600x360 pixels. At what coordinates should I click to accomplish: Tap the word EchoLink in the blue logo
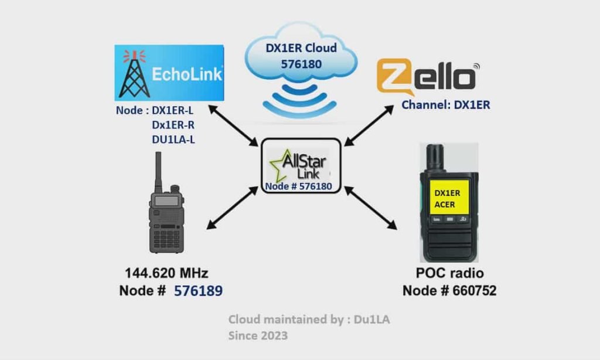[x=187, y=74]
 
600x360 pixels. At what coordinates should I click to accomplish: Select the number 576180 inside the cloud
[x=299, y=63]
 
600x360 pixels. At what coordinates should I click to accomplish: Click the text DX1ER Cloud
[x=301, y=47]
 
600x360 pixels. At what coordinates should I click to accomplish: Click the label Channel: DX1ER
[x=445, y=106]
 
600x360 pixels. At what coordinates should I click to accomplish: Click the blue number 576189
[x=198, y=291]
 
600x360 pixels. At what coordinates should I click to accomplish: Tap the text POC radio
[x=450, y=273]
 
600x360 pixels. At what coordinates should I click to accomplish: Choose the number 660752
[x=474, y=291]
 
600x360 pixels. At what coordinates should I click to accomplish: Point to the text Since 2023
[x=258, y=335]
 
